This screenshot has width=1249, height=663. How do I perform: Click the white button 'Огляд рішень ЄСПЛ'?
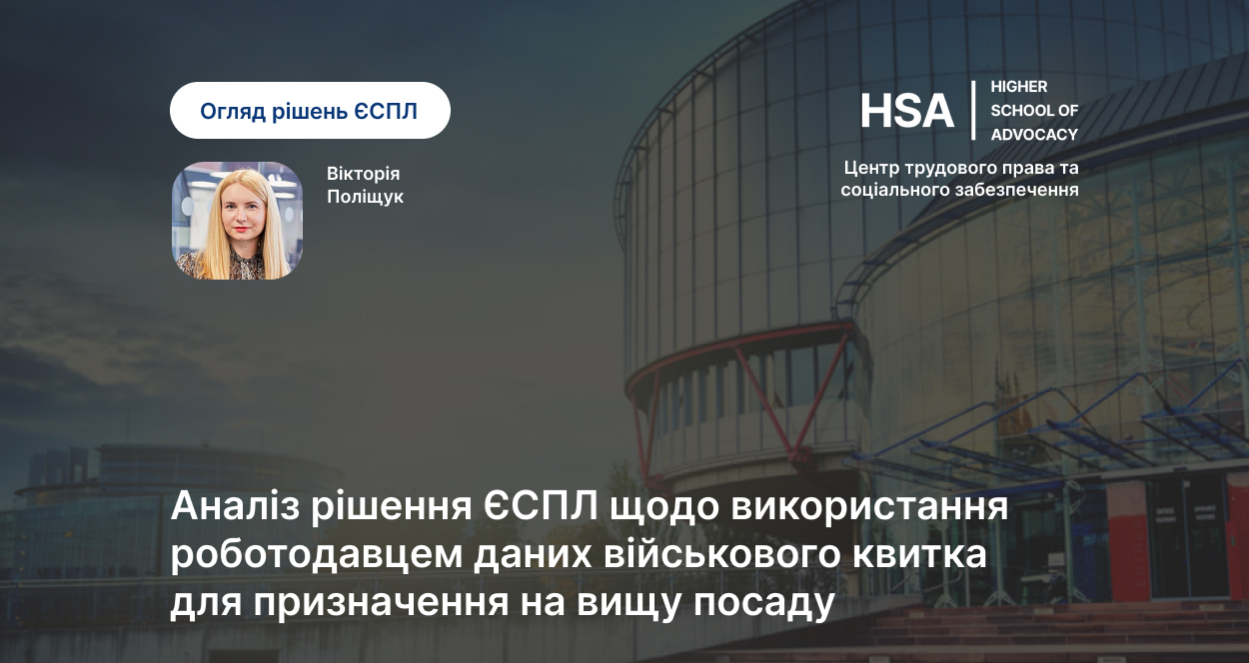(x=310, y=110)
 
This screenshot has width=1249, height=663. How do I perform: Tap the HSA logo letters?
(x=907, y=111)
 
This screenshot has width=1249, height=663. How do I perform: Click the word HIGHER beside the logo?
(x=1019, y=87)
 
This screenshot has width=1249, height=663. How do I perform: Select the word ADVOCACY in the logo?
(x=1034, y=135)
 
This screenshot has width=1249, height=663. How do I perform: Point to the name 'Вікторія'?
(x=363, y=174)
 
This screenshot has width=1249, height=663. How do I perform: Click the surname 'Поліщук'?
(x=365, y=198)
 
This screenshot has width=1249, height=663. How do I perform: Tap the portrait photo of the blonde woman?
(x=238, y=221)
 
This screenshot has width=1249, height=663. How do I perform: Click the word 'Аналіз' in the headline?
(x=235, y=506)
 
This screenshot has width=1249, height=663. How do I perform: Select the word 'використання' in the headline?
(x=869, y=507)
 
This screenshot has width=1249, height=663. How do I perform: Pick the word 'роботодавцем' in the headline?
(x=316, y=556)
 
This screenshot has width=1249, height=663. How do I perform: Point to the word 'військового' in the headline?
(x=721, y=554)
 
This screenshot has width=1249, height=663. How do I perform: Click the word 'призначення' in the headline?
(x=380, y=604)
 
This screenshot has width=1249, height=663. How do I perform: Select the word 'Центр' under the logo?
(x=870, y=168)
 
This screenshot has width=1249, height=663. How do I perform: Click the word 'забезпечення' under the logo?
(x=1017, y=190)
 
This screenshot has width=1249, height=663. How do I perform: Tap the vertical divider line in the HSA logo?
(x=973, y=110)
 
